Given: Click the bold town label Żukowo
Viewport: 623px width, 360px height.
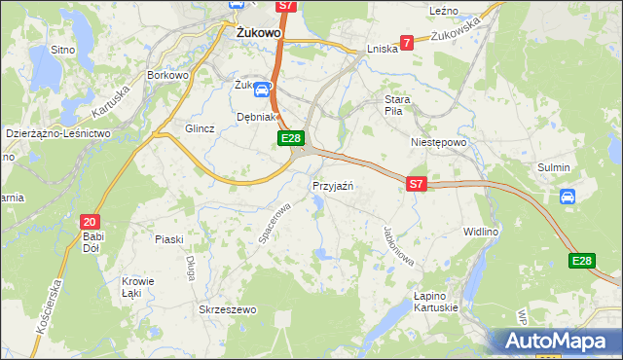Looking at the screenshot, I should coord(259,31).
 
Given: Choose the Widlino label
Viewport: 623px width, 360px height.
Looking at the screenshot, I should coord(481,233).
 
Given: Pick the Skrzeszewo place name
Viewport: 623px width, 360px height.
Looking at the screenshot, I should coord(227,309).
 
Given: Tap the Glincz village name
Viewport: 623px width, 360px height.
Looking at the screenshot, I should coord(200,128).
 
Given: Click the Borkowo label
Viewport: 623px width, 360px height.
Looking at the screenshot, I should coord(166,74).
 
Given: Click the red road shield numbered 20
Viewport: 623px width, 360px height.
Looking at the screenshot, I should coord(91,221).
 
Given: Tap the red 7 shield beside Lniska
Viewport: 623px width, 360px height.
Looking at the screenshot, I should coord(407,42).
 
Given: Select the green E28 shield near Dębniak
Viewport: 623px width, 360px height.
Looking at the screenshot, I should coord(291,139).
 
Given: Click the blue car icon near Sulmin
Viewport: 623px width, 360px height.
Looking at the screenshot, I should coord(567,197).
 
